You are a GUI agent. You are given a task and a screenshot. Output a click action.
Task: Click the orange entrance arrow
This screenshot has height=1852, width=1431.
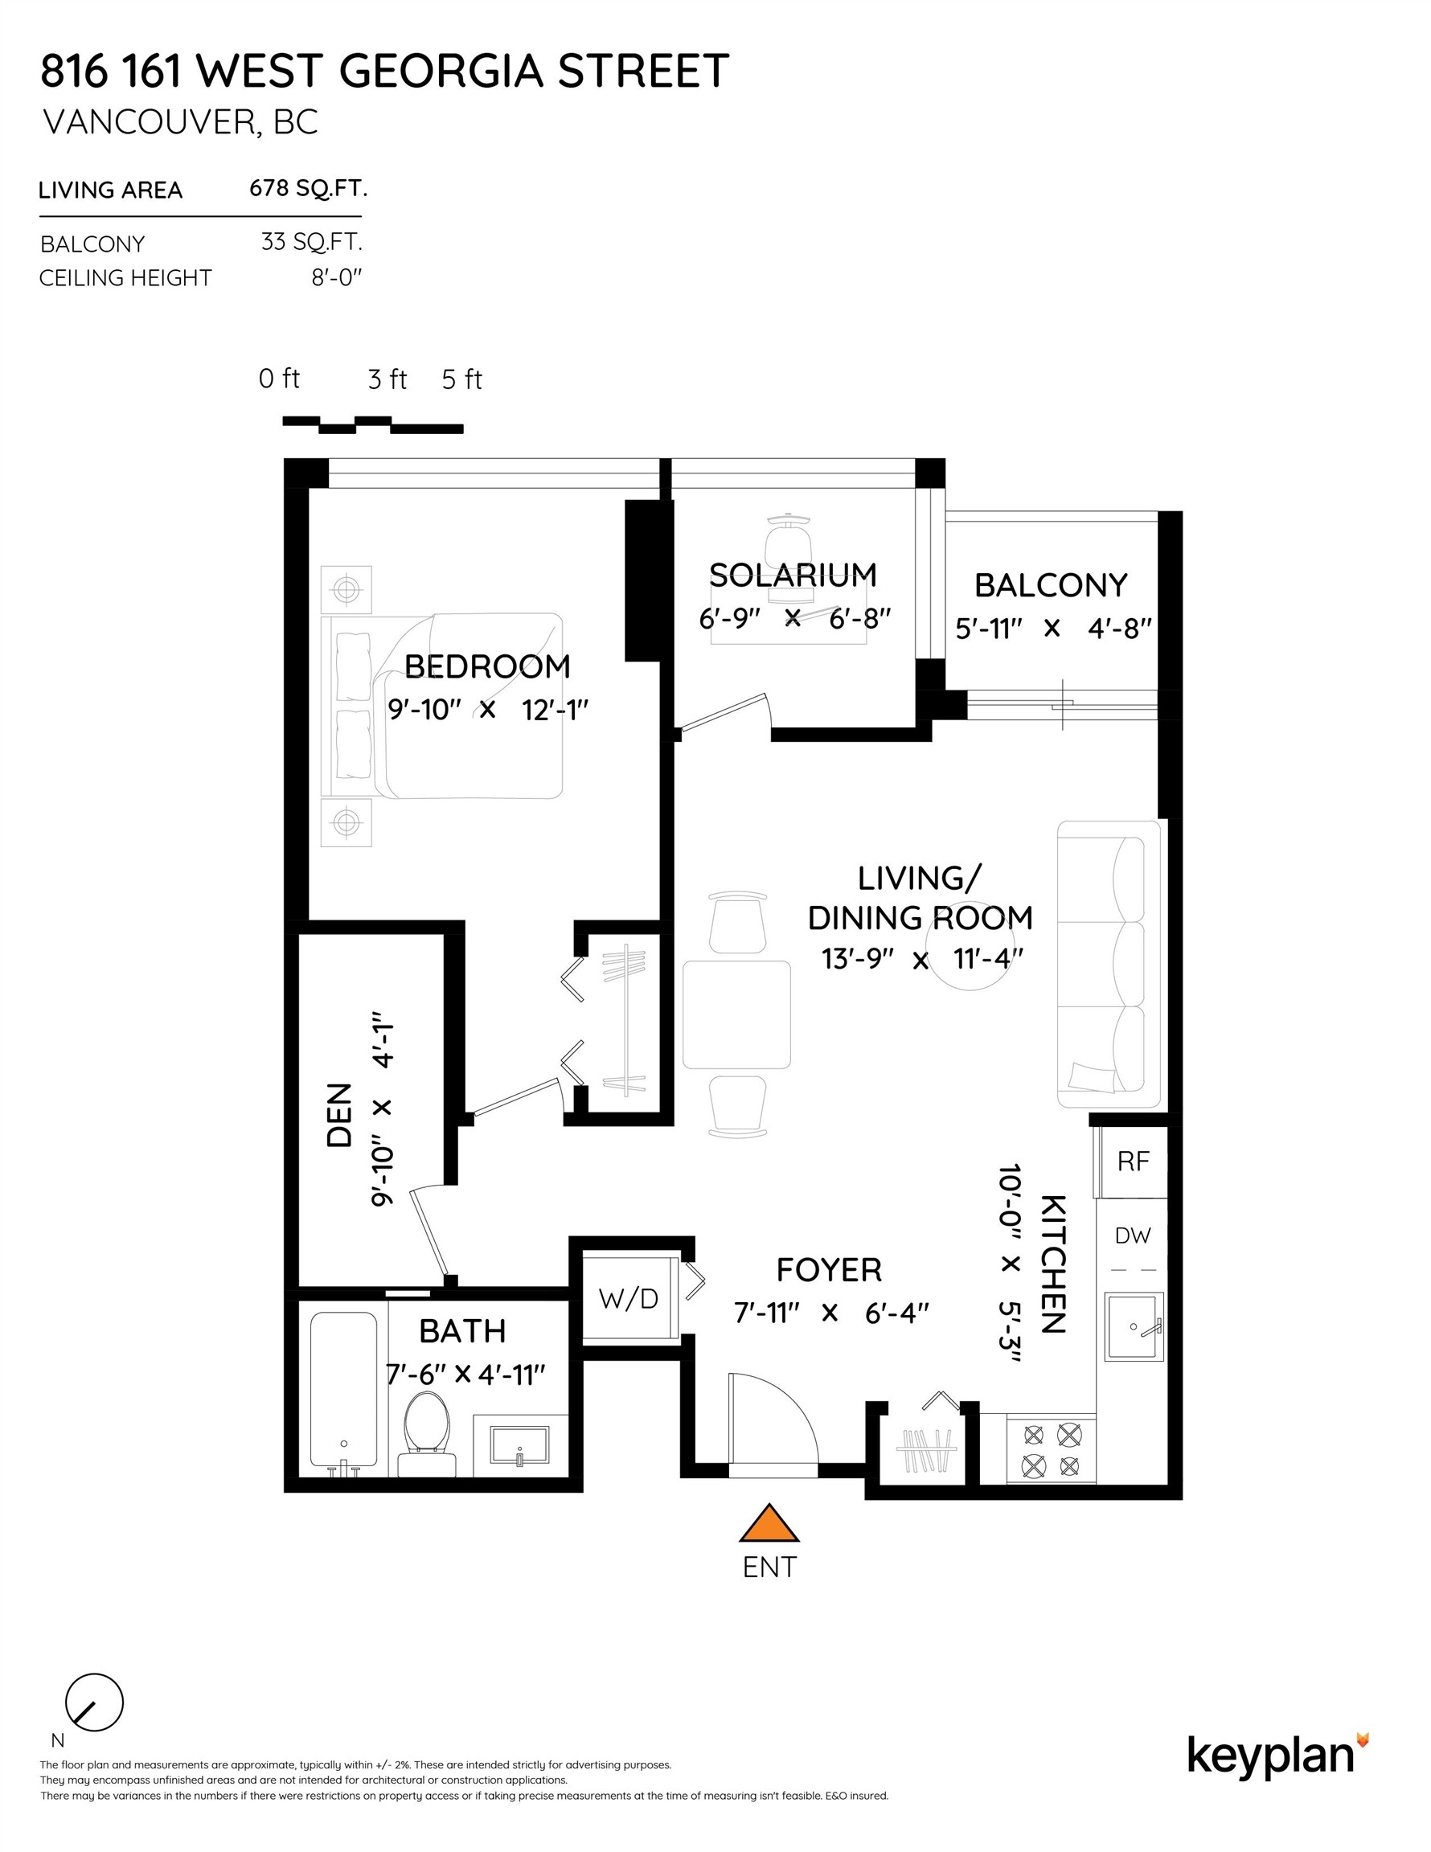click(x=769, y=1524)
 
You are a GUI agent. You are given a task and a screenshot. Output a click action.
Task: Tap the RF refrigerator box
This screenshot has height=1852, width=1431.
click(x=1133, y=1162)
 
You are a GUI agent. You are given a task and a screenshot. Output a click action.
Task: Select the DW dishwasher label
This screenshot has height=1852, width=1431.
click(x=1133, y=1235)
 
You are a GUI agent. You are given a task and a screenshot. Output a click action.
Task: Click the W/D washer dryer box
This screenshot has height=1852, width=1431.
click(x=629, y=1298)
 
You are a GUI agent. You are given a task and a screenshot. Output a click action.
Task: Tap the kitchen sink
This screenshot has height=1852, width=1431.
click(x=1134, y=1326)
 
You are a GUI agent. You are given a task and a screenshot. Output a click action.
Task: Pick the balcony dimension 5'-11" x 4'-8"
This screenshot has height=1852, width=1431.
click(x=1052, y=629)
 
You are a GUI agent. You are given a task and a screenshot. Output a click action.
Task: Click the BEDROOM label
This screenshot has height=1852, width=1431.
click(x=487, y=666)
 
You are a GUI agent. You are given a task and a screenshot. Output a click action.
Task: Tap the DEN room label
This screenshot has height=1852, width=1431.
click(x=338, y=1115)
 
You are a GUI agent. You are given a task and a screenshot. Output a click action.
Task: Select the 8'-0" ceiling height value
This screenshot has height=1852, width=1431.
click(x=337, y=278)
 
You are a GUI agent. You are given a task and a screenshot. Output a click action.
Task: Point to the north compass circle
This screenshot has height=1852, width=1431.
click(x=94, y=1702)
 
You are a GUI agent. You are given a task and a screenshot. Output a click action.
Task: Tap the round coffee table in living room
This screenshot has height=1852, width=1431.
click(x=969, y=945)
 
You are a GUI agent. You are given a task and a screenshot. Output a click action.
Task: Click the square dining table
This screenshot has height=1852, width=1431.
click(x=736, y=1014)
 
